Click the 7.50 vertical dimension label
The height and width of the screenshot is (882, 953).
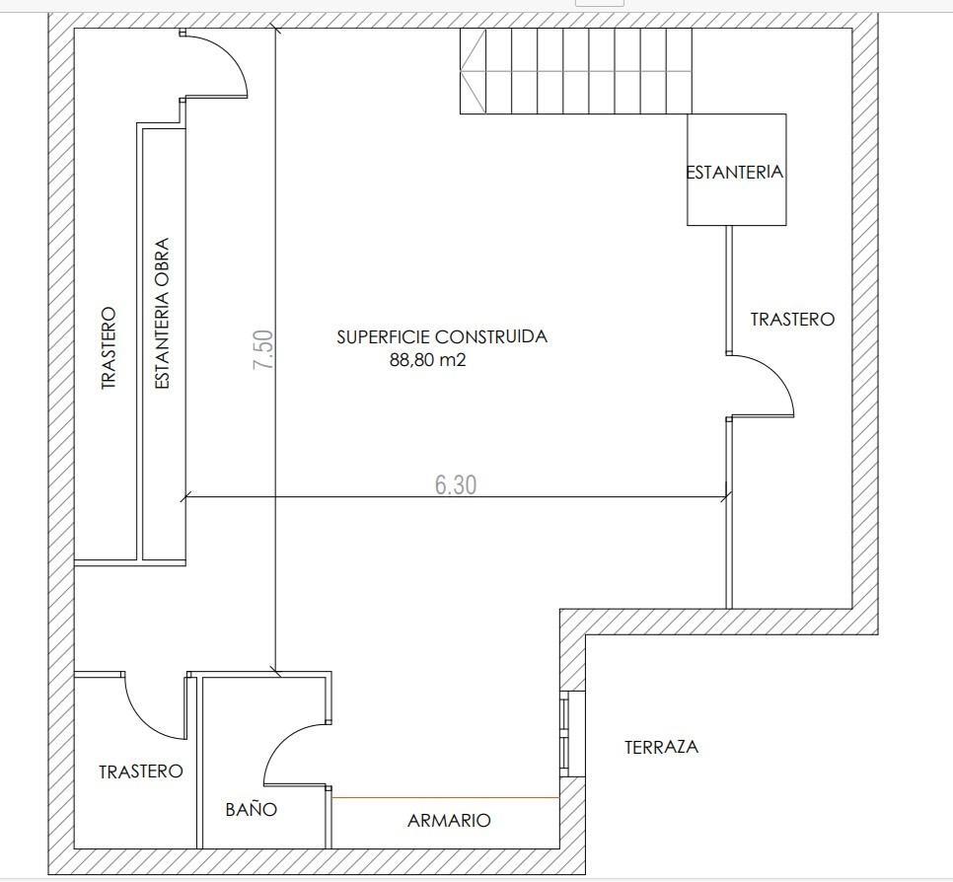(x=263, y=350)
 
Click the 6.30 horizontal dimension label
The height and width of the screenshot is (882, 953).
(x=455, y=484)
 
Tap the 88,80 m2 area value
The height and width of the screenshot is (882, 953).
(x=427, y=361)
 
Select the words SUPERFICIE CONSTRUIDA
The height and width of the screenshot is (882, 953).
(x=441, y=336)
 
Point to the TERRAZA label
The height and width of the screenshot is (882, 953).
(x=661, y=747)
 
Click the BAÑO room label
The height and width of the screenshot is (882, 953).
(x=251, y=809)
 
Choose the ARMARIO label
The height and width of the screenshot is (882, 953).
(x=449, y=820)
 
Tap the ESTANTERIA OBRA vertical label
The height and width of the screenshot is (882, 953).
(x=163, y=313)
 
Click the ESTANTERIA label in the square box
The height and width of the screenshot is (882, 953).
(x=735, y=172)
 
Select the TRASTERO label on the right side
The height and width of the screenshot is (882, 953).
(x=792, y=319)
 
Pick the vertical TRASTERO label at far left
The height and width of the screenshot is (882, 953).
(x=109, y=347)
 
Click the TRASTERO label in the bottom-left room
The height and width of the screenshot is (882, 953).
(x=141, y=772)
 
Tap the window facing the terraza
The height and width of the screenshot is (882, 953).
(x=564, y=733)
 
